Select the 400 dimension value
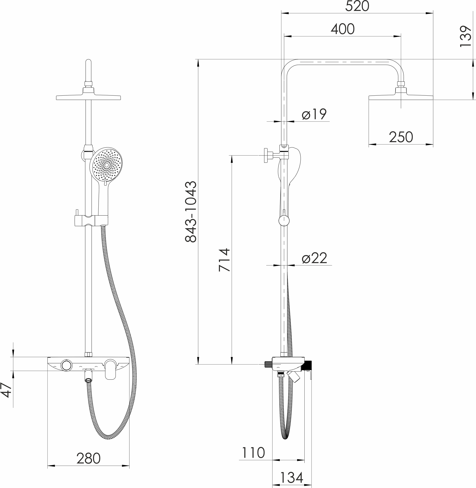click(343, 29)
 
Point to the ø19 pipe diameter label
click(314, 114)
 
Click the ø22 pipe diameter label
click(314, 258)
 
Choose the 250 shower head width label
click(401, 137)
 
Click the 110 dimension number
click(253, 453)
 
